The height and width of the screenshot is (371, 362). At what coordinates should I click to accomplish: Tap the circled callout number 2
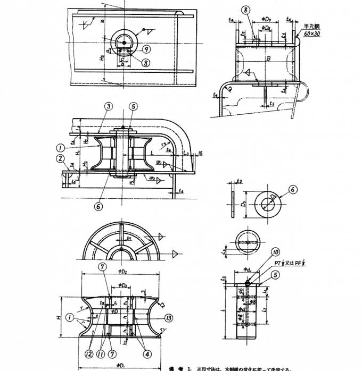click(x=62, y=158)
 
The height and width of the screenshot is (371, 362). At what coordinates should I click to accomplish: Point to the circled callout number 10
click(x=275, y=252)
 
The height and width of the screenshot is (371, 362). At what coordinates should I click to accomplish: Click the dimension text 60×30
click(x=312, y=34)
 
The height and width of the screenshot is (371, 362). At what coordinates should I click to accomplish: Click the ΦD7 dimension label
click(x=267, y=26)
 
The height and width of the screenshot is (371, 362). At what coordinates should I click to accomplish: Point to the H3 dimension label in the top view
click(x=102, y=58)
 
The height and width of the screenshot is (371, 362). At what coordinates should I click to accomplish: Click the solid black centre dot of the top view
click(x=124, y=42)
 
